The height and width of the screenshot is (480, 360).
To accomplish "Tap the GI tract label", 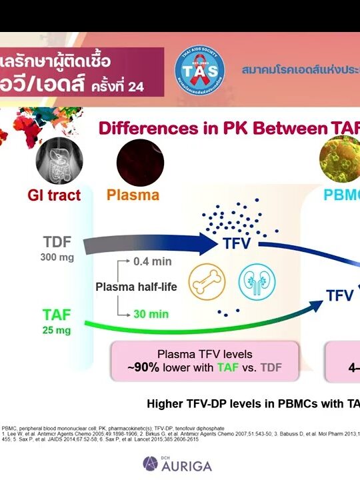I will [54, 195].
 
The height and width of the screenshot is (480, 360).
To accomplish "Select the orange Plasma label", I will [133, 195].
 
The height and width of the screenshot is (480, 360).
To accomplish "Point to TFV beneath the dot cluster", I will [237, 243].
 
